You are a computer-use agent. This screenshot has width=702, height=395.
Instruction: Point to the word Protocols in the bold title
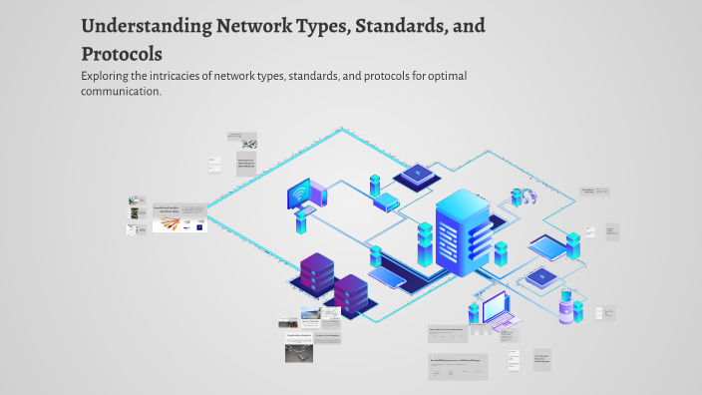122,53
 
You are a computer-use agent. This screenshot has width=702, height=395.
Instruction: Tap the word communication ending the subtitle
121,91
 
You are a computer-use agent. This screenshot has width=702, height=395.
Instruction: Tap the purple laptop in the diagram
495,311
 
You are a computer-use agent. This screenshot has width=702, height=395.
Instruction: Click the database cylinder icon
566,305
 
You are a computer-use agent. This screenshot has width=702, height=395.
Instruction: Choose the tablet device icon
544,245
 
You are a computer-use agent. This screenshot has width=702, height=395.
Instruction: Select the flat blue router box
387,203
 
